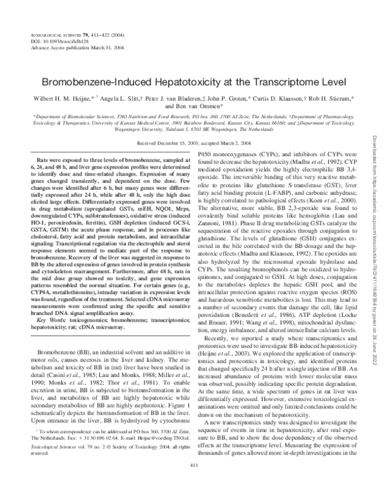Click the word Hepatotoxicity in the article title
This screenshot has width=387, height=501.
point(170,83)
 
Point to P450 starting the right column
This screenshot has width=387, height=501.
point(203,154)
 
